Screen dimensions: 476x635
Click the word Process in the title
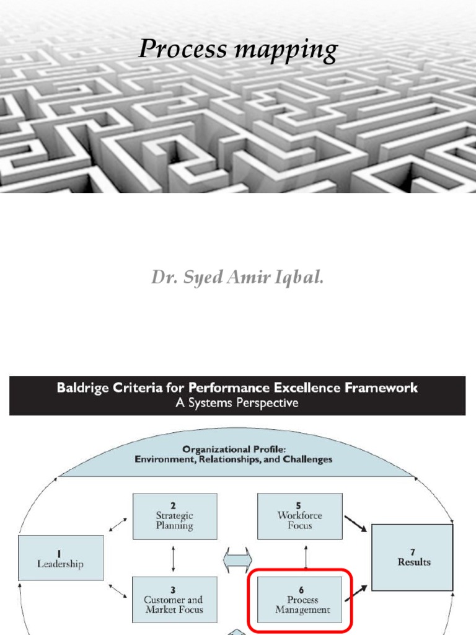pos(183,48)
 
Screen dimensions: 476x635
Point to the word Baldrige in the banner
pos(82,388)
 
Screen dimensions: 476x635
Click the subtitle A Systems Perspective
pos(237,403)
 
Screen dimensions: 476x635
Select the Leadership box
pos(61,558)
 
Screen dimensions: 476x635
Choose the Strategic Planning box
pos(175,517)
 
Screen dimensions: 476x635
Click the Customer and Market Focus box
pos(174,600)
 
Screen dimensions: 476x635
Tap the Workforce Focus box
pos(300,517)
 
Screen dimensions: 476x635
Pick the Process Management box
pos(300,600)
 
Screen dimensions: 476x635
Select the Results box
pos(412,557)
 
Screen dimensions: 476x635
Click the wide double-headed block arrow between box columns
pos(237,560)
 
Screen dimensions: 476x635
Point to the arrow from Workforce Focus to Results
pos(355,523)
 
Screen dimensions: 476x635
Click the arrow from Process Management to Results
pos(356,593)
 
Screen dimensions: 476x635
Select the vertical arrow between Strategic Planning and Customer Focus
pos(174,559)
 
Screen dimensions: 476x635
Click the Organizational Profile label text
pos(234,455)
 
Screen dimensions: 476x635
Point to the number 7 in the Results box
pos(412,552)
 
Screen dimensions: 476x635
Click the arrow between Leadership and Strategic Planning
pos(118,524)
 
